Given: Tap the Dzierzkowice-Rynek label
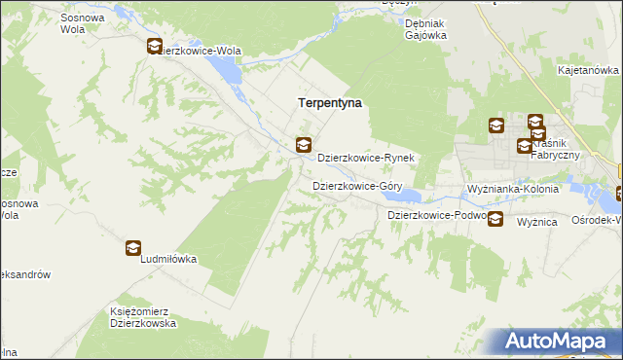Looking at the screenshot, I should pos(367,158).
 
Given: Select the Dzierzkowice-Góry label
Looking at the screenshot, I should pos(357,185).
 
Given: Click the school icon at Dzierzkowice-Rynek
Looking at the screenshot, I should pos(304,146).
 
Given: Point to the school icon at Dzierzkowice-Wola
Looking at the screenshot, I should pos(155,46).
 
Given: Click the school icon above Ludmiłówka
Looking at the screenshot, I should pos(132,248).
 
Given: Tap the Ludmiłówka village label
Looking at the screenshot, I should pos(169,260).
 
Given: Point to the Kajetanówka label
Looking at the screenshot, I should pos(588,71).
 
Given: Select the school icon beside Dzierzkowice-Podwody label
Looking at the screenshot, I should pos(495,219).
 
